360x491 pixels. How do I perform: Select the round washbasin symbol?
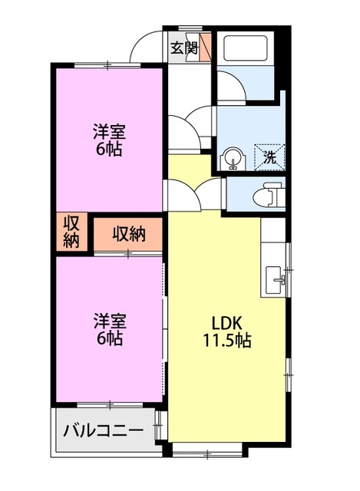pos(231,159)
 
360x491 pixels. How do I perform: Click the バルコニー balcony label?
pos(103,429)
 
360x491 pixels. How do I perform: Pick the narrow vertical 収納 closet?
pos(71,232)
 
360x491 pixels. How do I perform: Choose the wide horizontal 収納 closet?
pos(128,233)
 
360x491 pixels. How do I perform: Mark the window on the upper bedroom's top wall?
pos(107,67)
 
